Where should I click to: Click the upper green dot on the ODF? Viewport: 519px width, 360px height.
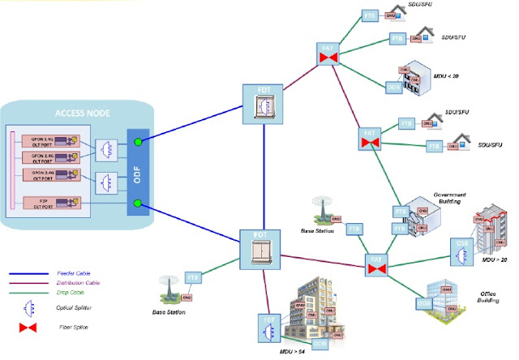coord(139,143)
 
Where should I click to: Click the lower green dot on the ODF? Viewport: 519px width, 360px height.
coord(139,203)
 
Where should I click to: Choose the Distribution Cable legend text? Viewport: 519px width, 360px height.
coord(78,283)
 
